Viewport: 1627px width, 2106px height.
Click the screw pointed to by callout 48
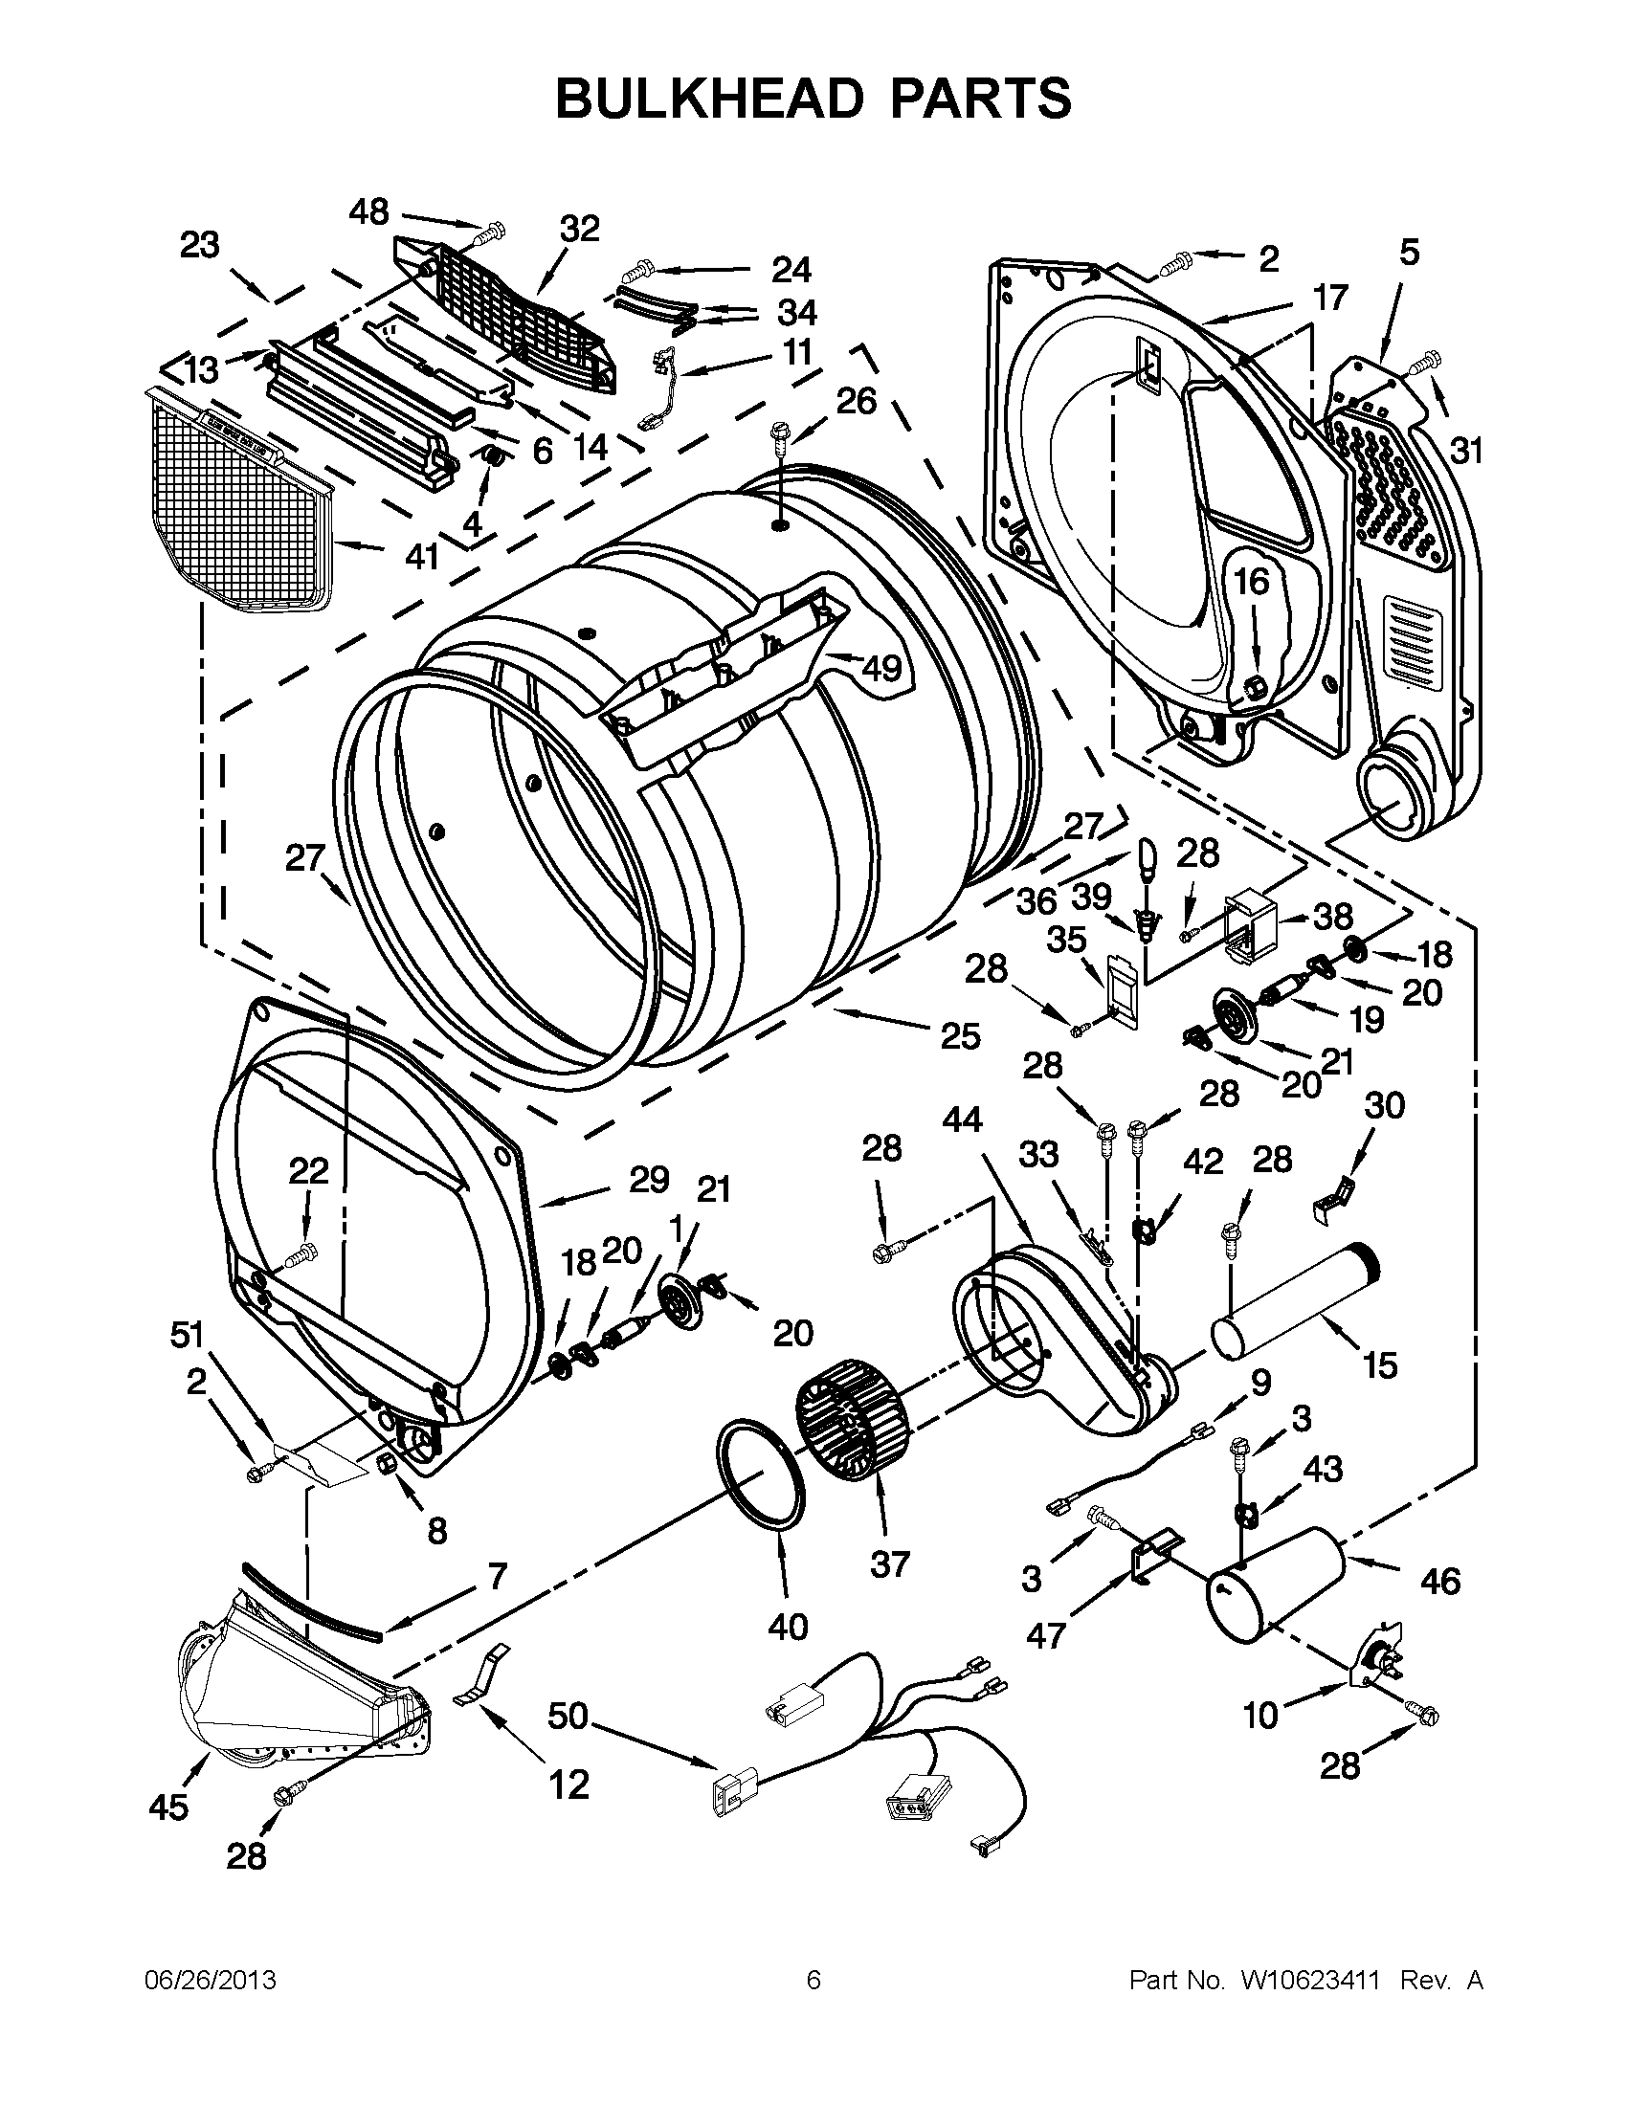pyautogui.click(x=493, y=231)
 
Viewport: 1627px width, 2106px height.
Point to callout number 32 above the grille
pyautogui.click(x=580, y=229)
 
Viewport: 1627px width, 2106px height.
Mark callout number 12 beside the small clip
pyautogui.click(x=568, y=1785)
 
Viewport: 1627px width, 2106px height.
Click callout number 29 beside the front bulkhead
pyautogui.click(x=648, y=1179)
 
